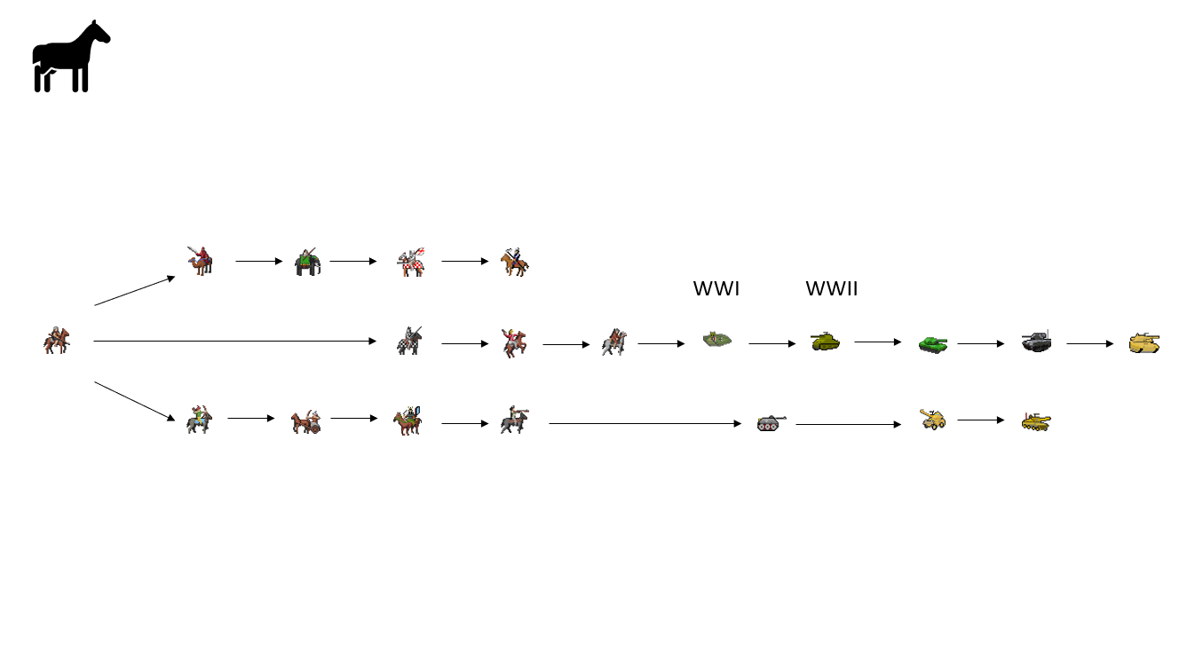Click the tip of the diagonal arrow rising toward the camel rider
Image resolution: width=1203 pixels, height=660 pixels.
pyautogui.click(x=175, y=277)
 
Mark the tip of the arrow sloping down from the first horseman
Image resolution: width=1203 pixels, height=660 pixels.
pyautogui.click(x=175, y=420)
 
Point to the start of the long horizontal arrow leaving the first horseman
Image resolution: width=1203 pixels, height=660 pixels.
pyautogui.click(x=93, y=342)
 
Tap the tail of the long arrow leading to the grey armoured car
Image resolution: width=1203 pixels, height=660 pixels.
pyautogui.click(x=549, y=424)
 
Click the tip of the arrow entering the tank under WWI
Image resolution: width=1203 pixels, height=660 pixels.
pyautogui.click(x=685, y=344)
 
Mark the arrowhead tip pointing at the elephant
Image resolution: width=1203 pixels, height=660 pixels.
pyautogui.click(x=282, y=262)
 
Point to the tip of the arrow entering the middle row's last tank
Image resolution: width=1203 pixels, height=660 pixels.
pyautogui.click(x=1113, y=344)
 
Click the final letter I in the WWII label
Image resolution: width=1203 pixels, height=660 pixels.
pyautogui.click(x=855, y=288)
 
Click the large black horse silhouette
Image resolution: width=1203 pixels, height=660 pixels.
pyautogui.click(x=71, y=57)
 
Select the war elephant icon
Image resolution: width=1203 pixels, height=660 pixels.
pyautogui.click(x=308, y=262)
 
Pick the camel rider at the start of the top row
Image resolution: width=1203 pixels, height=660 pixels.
pyautogui.click(x=201, y=262)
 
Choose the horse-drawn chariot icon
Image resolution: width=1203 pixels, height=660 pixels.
pyautogui.click(x=306, y=421)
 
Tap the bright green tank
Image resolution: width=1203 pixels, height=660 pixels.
pyautogui.click(x=933, y=344)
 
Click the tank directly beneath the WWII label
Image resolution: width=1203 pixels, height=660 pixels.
pyautogui.click(x=826, y=342)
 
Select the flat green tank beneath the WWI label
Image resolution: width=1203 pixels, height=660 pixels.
pyautogui.click(x=717, y=340)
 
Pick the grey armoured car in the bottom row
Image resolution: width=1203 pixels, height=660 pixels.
pyautogui.click(x=772, y=423)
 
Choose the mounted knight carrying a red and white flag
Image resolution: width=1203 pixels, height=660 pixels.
pyautogui.click(x=411, y=263)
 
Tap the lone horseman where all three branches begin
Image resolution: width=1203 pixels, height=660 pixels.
pyautogui.click(x=57, y=340)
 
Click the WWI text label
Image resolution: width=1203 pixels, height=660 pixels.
pyautogui.click(x=716, y=288)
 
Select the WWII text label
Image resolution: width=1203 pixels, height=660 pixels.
pyautogui.click(x=831, y=288)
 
